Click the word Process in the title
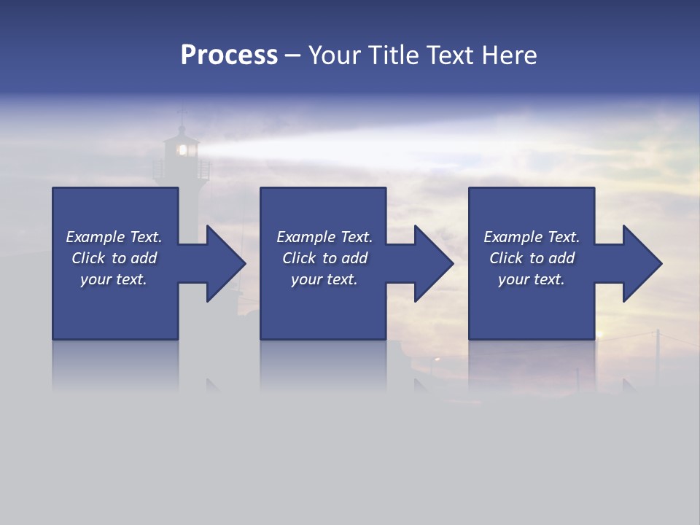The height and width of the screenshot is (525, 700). pos(229,55)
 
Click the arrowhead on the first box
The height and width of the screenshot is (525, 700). pos(223,263)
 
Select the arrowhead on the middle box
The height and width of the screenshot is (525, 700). pos(432,263)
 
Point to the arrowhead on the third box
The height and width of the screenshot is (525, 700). pos(640,263)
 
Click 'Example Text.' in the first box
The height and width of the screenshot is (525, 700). pos(114,237)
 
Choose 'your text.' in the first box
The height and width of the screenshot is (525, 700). pos(114,279)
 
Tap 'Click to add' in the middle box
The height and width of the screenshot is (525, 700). pos(324,258)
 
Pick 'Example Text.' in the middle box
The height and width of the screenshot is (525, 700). pos(324,237)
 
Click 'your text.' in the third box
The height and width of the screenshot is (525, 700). pos(532,279)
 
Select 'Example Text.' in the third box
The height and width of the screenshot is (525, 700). pos(532,237)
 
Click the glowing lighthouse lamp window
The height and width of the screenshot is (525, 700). pos(182,150)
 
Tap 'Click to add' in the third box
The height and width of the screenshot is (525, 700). pos(532,258)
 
